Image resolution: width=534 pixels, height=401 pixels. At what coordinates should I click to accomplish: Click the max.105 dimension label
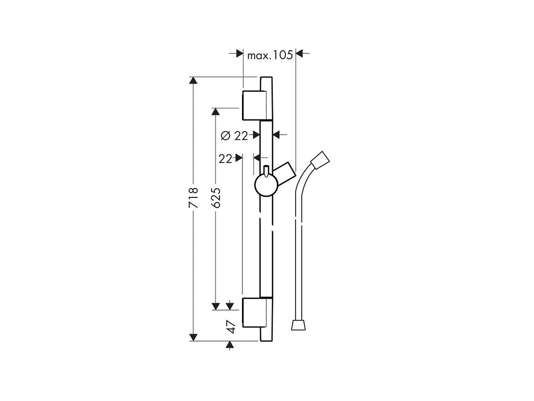click(x=270, y=54)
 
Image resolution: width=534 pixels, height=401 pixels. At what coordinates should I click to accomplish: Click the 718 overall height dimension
click(x=193, y=198)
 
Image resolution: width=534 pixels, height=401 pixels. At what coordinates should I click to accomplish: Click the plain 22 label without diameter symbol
click(x=225, y=159)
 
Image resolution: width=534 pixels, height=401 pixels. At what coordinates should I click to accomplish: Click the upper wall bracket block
click(x=255, y=104)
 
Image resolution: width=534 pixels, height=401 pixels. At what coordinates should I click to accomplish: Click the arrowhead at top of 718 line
click(x=193, y=81)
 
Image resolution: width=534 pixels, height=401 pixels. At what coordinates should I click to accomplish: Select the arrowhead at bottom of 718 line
click(x=193, y=337)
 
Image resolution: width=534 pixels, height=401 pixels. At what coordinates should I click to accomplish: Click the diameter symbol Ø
click(x=225, y=136)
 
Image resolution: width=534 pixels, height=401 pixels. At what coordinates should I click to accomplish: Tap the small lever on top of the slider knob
click(x=266, y=171)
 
